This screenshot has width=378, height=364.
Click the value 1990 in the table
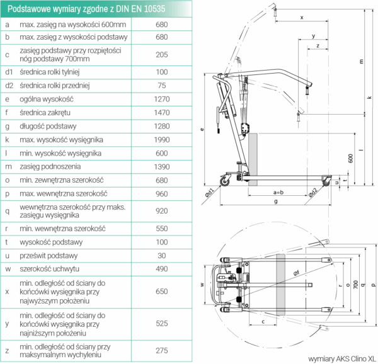click(x=162, y=139)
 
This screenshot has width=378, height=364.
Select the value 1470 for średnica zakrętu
click(x=162, y=113)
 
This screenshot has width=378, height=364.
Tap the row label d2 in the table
click(x=9, y=86)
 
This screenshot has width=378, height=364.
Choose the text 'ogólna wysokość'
click(x=47, y=99)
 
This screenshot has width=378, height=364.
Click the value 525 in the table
click(x=162, y=324)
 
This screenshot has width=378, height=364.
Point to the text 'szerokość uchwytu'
click(x=51, y=269)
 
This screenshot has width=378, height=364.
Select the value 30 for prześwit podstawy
click(x=162, y=256)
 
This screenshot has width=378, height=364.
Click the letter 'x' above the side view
click(x=301, y=18)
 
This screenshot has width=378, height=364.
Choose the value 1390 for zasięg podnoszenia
click(x=162, y=166)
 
